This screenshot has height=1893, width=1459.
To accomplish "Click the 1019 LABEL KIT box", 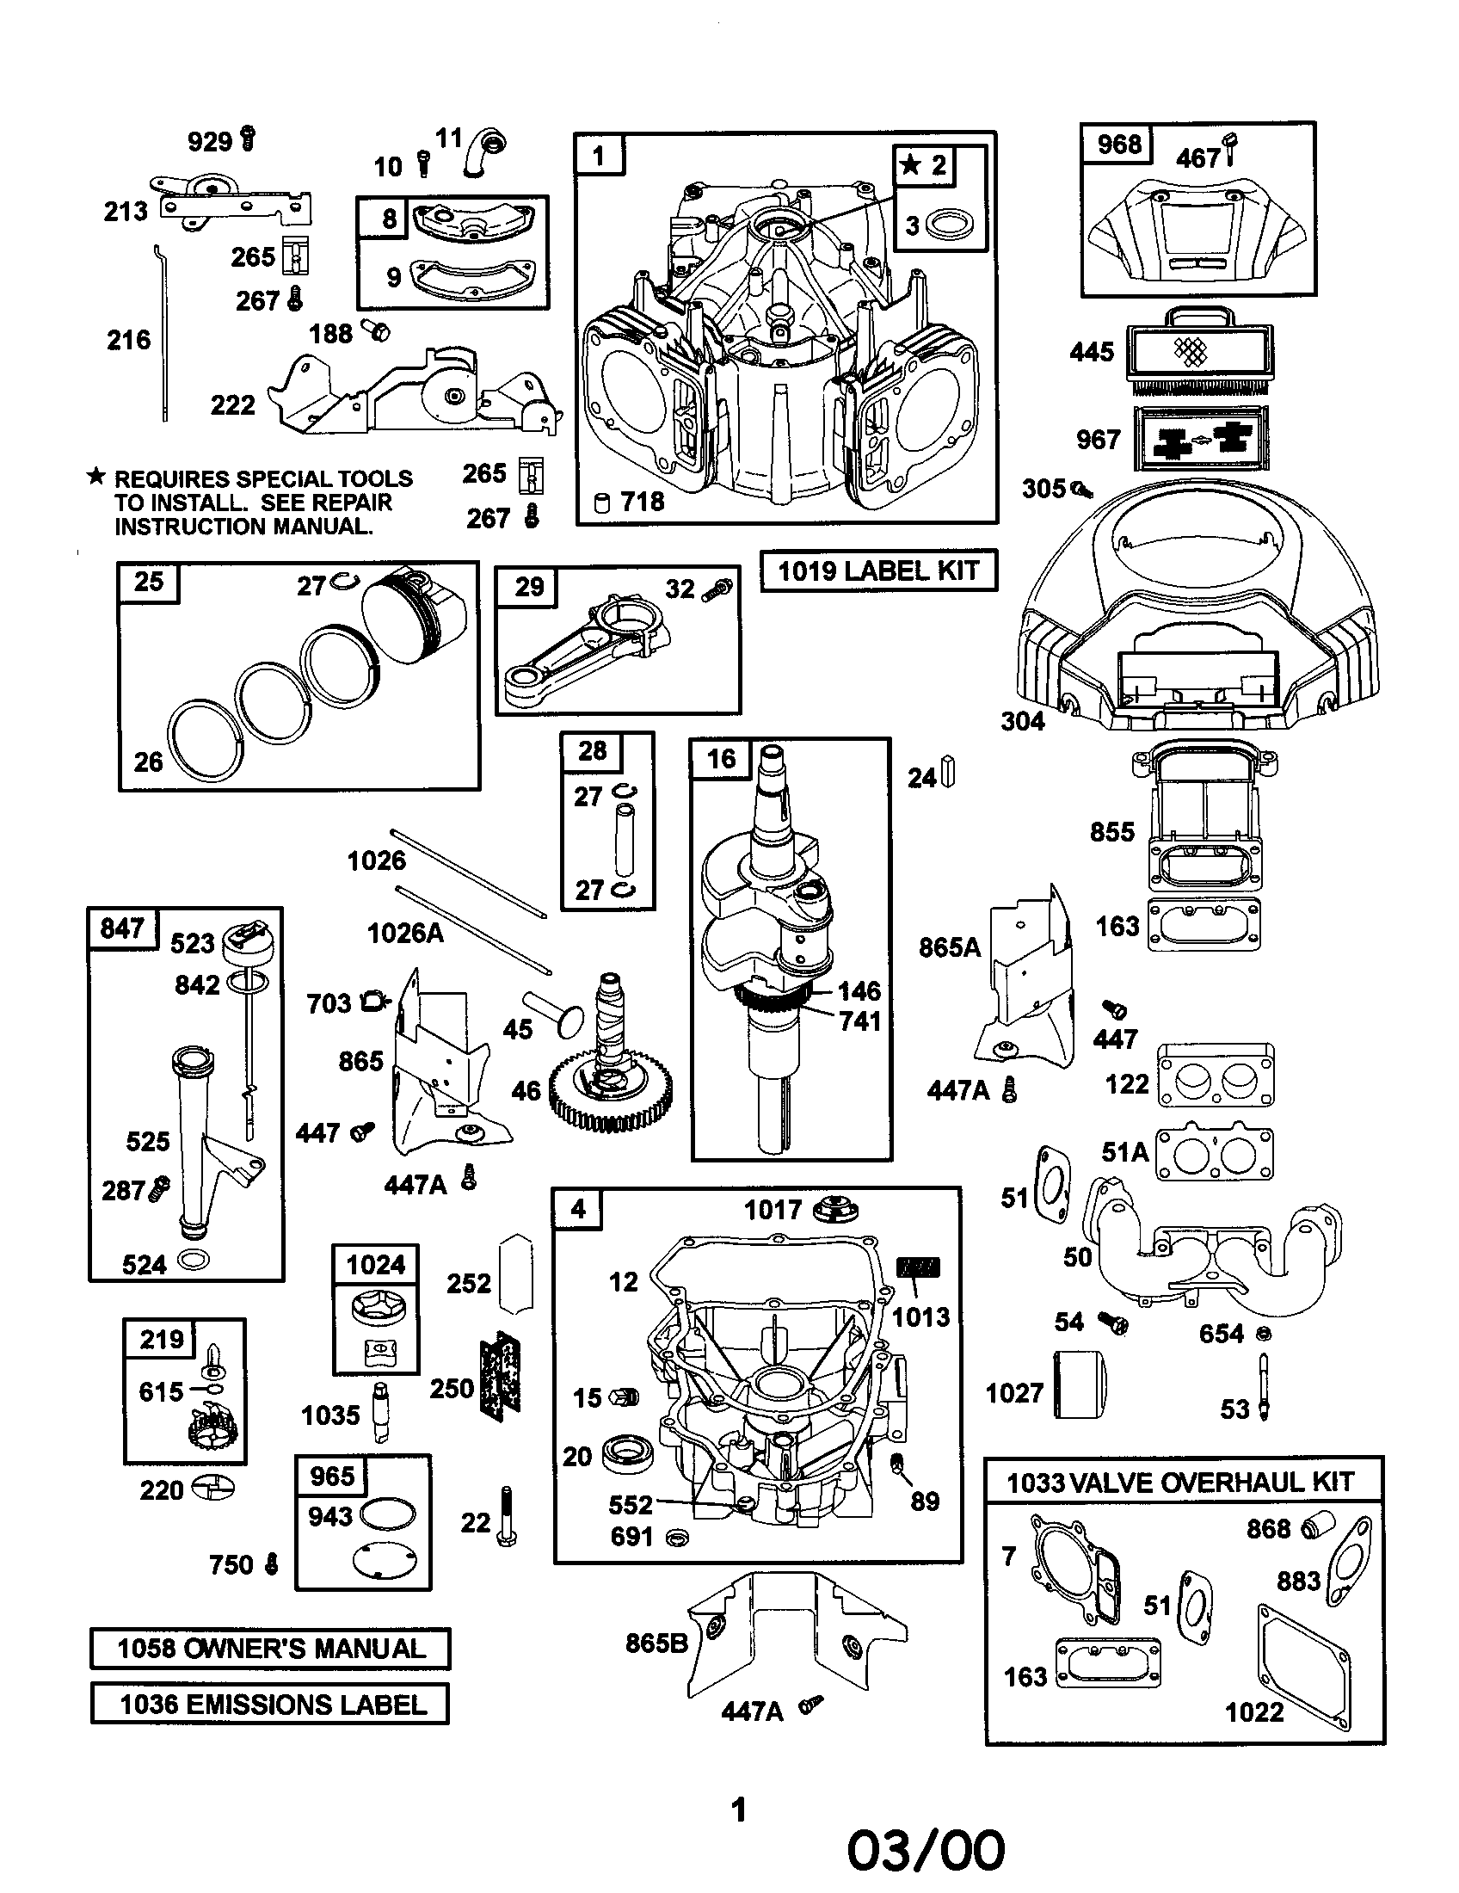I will point(877,570).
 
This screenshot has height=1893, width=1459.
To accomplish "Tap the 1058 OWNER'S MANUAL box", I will point(270,1648).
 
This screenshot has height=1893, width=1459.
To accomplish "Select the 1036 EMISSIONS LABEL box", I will point(270,1703).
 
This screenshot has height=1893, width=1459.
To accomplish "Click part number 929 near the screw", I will point(210,141).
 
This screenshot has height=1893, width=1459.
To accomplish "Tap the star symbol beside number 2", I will point(909,163).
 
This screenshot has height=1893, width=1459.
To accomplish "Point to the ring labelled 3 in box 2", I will point(949,226).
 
